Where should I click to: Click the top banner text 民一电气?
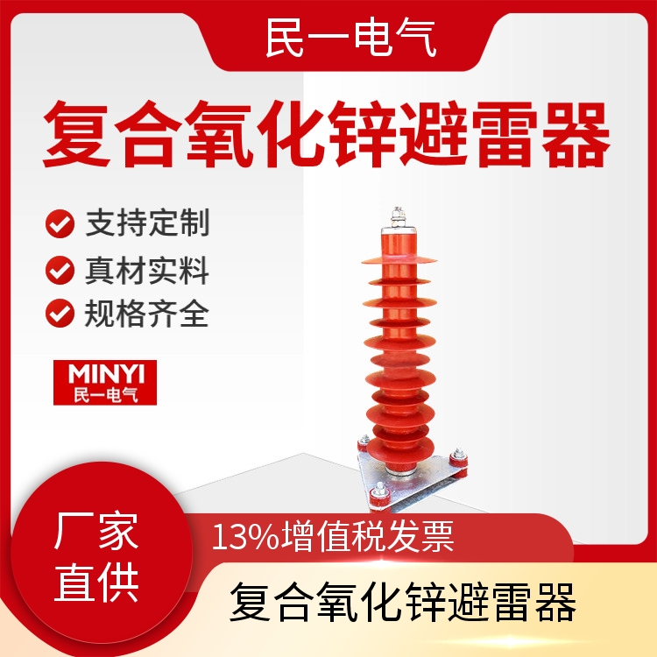coord(351,39)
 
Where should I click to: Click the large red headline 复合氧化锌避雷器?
coord(327,134)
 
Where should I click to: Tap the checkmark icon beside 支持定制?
coord(60,223)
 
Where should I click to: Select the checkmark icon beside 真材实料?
coord(60,271)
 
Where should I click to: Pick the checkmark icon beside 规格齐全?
coord(60,313)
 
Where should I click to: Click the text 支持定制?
coord(147,223)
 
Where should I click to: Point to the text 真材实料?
coord(147,271)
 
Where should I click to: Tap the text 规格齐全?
coord(146,314)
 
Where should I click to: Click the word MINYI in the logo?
coord(106,374)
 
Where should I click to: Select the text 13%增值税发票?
coord(333,537)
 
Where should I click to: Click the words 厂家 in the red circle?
coord(96,531)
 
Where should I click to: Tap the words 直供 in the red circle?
coord(96,583)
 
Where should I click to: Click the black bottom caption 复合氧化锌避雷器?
coord(403,602)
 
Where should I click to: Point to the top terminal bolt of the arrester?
coord(398,217)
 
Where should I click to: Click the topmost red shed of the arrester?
coord(399,260)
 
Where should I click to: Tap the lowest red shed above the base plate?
coord(400,448)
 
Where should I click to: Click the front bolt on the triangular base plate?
coord(379,495)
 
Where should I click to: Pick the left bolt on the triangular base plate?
coord(364,442)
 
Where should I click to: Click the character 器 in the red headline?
coord(576,134)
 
